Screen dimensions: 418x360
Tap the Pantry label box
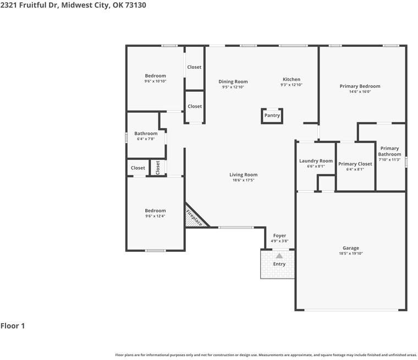coord(272,115)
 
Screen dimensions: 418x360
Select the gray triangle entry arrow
coord(279,256)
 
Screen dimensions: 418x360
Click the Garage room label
coord(351,248)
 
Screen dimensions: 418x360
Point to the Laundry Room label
coord(316,160)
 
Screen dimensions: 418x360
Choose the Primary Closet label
coord(355,164)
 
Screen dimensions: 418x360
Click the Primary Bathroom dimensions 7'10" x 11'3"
coord(389,159)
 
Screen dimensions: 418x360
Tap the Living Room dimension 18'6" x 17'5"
coord(244,180)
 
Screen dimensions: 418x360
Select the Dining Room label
coord(233,81)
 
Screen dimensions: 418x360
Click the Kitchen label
coord(291,79)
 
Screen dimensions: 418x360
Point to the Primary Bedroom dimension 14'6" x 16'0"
coord(360,92)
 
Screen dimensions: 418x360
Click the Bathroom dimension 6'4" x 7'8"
coord(146,139)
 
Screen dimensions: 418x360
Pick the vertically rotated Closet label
coord(157,168)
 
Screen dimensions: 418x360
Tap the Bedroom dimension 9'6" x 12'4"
coord(155,216)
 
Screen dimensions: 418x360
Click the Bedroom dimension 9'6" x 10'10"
coord(155,81)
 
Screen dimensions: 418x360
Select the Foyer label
coord(279,236)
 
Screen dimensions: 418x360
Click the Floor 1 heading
coord(13,325)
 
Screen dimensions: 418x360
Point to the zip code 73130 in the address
coord(136,5)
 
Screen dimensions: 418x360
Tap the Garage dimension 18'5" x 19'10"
coord(351,253)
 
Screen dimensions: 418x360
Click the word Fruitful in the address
coord(33,5)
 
